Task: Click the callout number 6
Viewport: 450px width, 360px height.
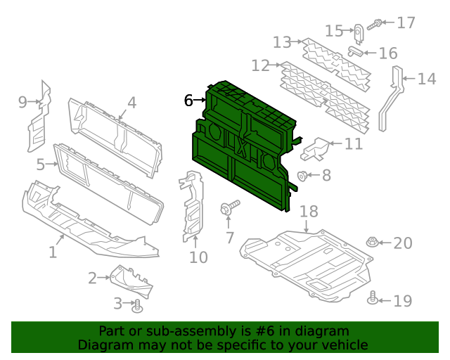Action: pyautogui.click(x=188, y=101)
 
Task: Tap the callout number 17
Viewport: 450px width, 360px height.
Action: pyautogui.click(x=406, y=23)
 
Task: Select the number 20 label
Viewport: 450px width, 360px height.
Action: pyautogui.click(x=402, y=243)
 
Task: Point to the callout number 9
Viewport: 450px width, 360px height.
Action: pyautogui.click(x=23, y=103)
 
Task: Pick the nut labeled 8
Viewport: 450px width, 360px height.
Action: pyautogui.click(x=302, y=176)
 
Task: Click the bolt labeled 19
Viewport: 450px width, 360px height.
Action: pyautogui.click(x=373, y=300)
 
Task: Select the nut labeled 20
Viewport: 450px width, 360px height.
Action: pyautogui.click(x=371, y=243)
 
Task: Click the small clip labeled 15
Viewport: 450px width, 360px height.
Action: pyautogui.click(x=358, y=33)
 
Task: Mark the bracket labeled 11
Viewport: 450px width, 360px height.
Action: pyautogui.click(x=316, y=148)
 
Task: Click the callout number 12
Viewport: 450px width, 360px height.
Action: pyautogui.click(x=260, y=66)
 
